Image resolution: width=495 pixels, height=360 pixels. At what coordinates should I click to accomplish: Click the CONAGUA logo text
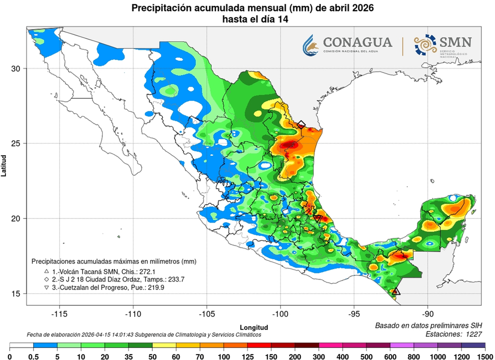click(x=358, y=42)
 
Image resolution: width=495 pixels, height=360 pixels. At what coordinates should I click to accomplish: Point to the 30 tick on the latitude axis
click(x=16, y=68)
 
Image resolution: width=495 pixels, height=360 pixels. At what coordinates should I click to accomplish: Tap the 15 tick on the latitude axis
click(x=16, y=294)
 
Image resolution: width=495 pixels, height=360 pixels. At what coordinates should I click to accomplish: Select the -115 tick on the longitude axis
click(x=59, y=313)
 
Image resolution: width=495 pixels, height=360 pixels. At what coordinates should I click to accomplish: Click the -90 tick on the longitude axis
click(x=428, y=313)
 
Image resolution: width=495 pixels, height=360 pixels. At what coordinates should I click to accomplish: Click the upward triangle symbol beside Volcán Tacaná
click(x=46, y=271)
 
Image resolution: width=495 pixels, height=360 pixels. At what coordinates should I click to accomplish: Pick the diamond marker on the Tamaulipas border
click(x=301, y=124)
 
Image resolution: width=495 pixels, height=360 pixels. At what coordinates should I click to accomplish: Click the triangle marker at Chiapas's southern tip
click(x=396, y=291)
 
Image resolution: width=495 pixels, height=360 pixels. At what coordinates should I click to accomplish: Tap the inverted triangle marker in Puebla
click(x=318, y=218)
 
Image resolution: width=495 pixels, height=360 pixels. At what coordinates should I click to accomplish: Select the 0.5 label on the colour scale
click(x=33, y=357)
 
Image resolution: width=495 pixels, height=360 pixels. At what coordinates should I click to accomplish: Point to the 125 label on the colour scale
click(x=247, y=357)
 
